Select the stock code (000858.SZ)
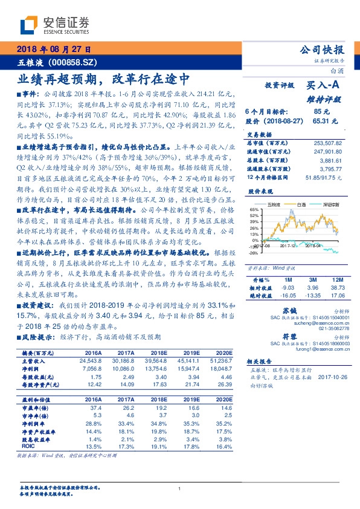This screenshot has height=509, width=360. (69, 62)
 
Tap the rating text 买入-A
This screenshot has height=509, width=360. (323, 86)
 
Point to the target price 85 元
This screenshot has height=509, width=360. (321, 111)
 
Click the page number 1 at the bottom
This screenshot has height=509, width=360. (179, 488)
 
